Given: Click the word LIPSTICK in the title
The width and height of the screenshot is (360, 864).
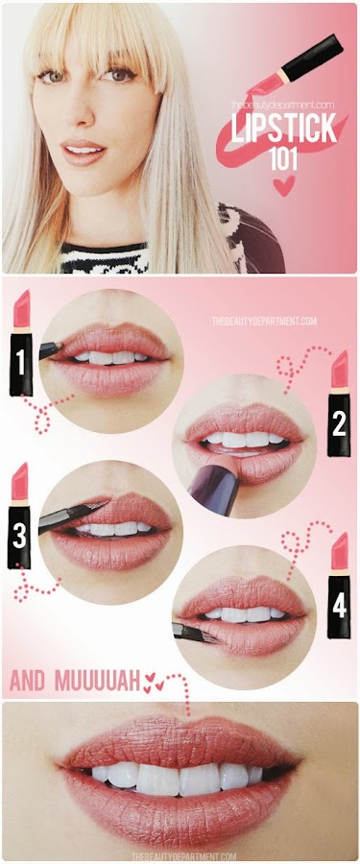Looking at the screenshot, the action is (x=284, y=130).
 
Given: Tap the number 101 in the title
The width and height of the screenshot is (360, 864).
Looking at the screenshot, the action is (x=284, y=158).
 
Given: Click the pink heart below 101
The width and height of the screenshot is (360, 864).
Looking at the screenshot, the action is (x=284, y=186).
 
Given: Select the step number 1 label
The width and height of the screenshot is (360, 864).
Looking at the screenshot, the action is (x=20, y=364).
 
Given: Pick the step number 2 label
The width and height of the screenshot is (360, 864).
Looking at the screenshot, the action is (x=339, y=424).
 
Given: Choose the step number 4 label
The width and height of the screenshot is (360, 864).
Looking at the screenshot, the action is (x=339, y=606).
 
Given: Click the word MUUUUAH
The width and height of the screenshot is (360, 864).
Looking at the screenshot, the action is (x=97, y=683).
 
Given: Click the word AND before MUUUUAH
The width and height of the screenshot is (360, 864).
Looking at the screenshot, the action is (x=28, y=683).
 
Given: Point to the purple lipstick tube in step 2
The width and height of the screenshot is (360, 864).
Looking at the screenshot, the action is (x=214, y=486).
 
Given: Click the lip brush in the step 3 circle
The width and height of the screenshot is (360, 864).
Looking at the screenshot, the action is (x=71, y=516).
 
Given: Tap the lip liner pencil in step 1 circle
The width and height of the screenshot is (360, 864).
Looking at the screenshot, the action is (x=51, y=349).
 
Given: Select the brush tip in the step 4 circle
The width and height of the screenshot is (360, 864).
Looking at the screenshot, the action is (x=209, y=636).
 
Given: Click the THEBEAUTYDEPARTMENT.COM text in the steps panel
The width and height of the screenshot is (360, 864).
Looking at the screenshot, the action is (x=264, y=321).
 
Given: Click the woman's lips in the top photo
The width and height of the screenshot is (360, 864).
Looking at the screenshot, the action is (x=84, y=151).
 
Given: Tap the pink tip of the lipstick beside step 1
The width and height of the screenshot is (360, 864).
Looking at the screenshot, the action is (x=21, y=309).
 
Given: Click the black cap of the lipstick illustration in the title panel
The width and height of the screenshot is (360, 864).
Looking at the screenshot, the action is (x=312, y=58).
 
